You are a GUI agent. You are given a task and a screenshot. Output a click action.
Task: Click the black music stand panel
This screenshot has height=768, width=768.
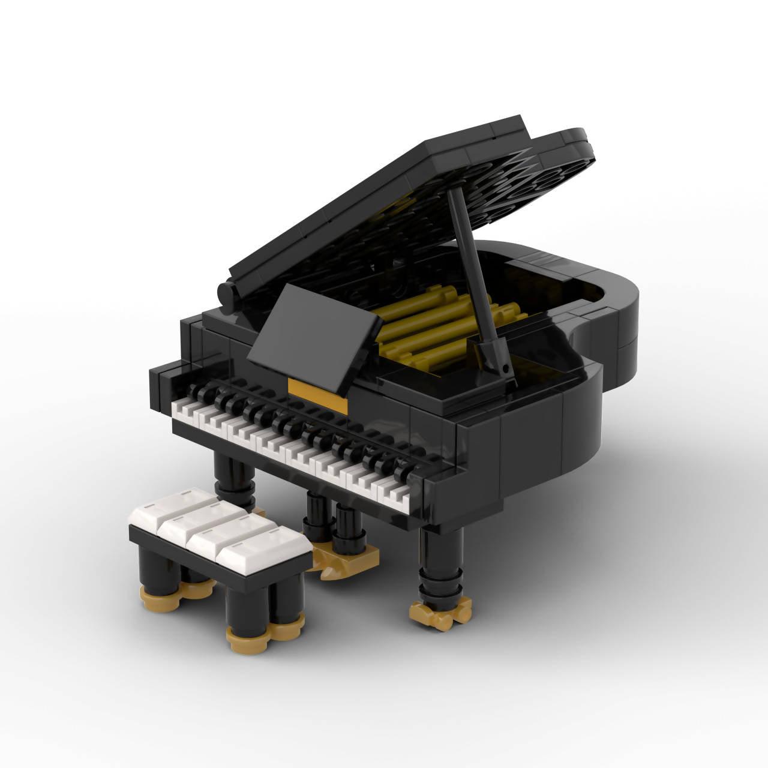pyautogui.click(x=318, y=336)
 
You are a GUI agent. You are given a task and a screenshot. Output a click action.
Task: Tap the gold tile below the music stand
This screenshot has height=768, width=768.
pyautogui.click(x=317, y=389)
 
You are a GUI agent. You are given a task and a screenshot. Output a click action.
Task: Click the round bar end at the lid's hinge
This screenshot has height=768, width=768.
pyautogui.click(x=227, y=295)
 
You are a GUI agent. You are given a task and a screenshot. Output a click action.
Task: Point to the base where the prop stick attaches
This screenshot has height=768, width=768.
pyautogui.click(x=495, y=360)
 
